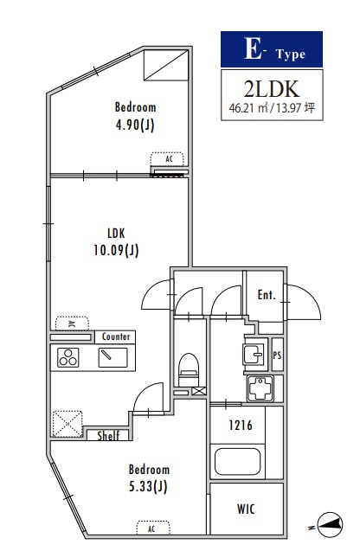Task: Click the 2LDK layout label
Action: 272,89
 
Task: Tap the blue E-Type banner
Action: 272,49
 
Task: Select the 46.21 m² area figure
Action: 248,107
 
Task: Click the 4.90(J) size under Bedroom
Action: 135,125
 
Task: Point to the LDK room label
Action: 116,233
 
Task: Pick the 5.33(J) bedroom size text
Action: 148,486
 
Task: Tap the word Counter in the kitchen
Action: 116,336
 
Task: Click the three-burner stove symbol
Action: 68,357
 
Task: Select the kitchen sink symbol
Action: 112,357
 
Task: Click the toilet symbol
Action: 189,369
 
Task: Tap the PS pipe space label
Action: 278,356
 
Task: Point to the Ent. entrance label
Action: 267,295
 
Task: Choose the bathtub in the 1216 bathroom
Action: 237,461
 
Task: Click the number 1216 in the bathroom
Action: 241,426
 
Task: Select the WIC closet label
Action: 246,509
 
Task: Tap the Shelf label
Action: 108,436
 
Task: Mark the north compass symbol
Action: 330,525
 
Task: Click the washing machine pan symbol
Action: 260,388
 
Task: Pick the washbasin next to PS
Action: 254,354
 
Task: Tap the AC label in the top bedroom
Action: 169,159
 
